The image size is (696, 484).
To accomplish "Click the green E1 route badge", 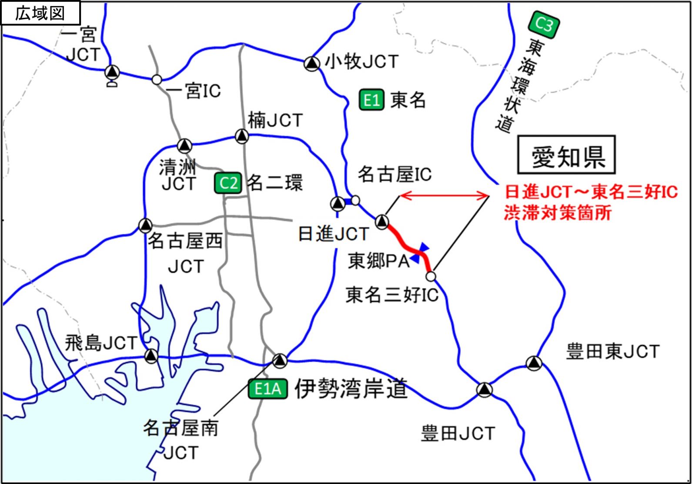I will point(371,100).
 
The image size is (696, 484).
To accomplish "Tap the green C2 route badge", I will point(228,183).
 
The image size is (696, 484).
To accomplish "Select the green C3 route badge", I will point(543,24).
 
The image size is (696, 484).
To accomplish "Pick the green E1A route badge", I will point(268,389).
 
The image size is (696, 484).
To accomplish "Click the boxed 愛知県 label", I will point(566,155).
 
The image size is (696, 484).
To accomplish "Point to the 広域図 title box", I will point(40,13).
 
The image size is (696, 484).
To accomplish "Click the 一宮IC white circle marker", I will point(157,80).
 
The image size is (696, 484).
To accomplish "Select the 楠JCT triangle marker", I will point(241,136).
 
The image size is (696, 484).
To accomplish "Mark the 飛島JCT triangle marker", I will point(151,356).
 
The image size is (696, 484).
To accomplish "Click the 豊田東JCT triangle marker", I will point(534,363).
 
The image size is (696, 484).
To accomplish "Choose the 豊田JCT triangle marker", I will point(484,390).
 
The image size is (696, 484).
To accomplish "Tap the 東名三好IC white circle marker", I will point(431,276).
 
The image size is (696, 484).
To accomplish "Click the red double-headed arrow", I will point(444,196).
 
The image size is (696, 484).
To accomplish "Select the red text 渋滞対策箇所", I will point(558,213).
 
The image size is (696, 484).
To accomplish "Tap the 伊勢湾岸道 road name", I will point(351,389).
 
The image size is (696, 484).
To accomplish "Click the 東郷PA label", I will point(378,261).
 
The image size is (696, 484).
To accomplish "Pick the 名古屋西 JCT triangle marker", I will point(145,225).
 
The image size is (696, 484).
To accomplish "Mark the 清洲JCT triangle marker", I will point(184,145).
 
